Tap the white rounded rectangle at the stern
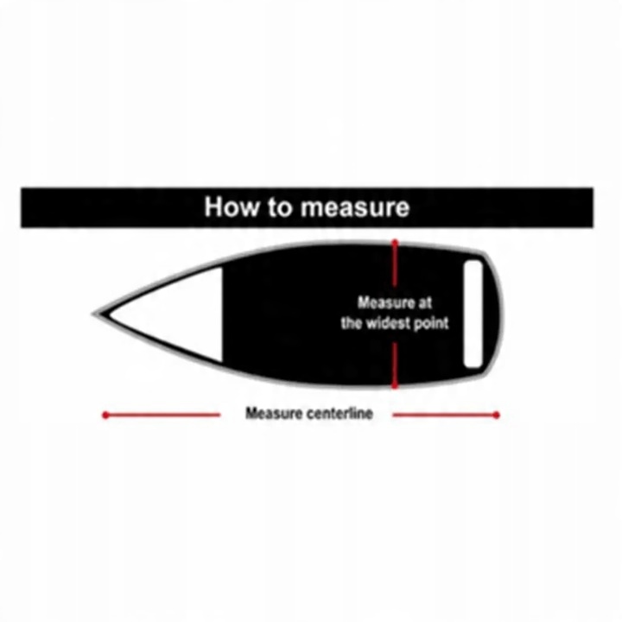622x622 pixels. (x=473, y=314)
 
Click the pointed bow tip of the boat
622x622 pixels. (x=96, y=314)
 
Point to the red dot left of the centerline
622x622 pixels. (x=105, y=416)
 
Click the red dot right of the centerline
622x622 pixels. (x=497, y=416)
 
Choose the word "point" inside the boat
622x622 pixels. (x=433, y=324)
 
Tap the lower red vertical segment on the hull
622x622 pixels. (x=396, y=363)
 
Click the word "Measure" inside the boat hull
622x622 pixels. (x=386, y=303)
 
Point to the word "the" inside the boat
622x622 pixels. (x=352, y=324)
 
